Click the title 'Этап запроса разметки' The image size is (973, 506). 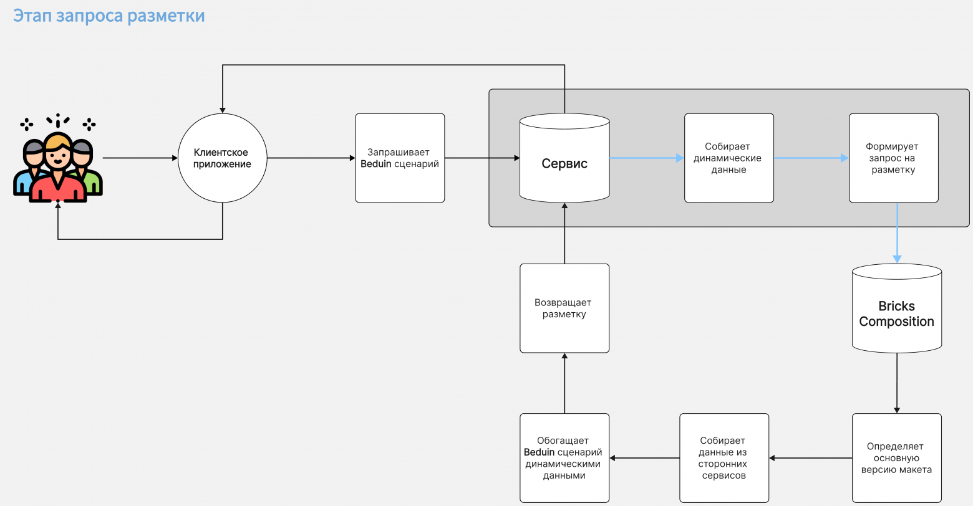[x=109, y=16]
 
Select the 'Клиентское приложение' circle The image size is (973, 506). [x=223, y=158]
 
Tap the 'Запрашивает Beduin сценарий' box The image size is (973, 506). [x=400, y=158]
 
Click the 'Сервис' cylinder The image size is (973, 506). [x=564, y=158]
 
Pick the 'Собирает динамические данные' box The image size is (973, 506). [x=729, y=158]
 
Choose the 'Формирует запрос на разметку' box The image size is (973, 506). [x=894, y=158]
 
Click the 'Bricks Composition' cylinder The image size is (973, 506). [x=896, y=308]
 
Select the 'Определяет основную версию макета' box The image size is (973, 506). [x=896, y=458]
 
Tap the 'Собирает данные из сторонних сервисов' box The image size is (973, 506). [x=724, y=458]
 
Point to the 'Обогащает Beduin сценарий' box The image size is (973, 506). [x=564, y=458]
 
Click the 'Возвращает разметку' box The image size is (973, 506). [x=564, y=308]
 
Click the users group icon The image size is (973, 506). [x=58, y=158]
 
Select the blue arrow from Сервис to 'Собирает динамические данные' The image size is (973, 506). [x=647, y=158]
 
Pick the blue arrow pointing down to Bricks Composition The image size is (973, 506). [x=897, y=233]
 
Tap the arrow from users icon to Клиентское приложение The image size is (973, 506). [x=140, y=158]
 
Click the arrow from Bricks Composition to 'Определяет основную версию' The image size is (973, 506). [x=897, y=383]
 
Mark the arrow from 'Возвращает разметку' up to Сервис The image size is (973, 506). [x=564, y=233]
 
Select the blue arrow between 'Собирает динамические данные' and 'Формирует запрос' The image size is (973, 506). [x=811, y=158]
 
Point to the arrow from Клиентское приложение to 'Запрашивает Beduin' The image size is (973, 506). [x=311, y=158]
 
